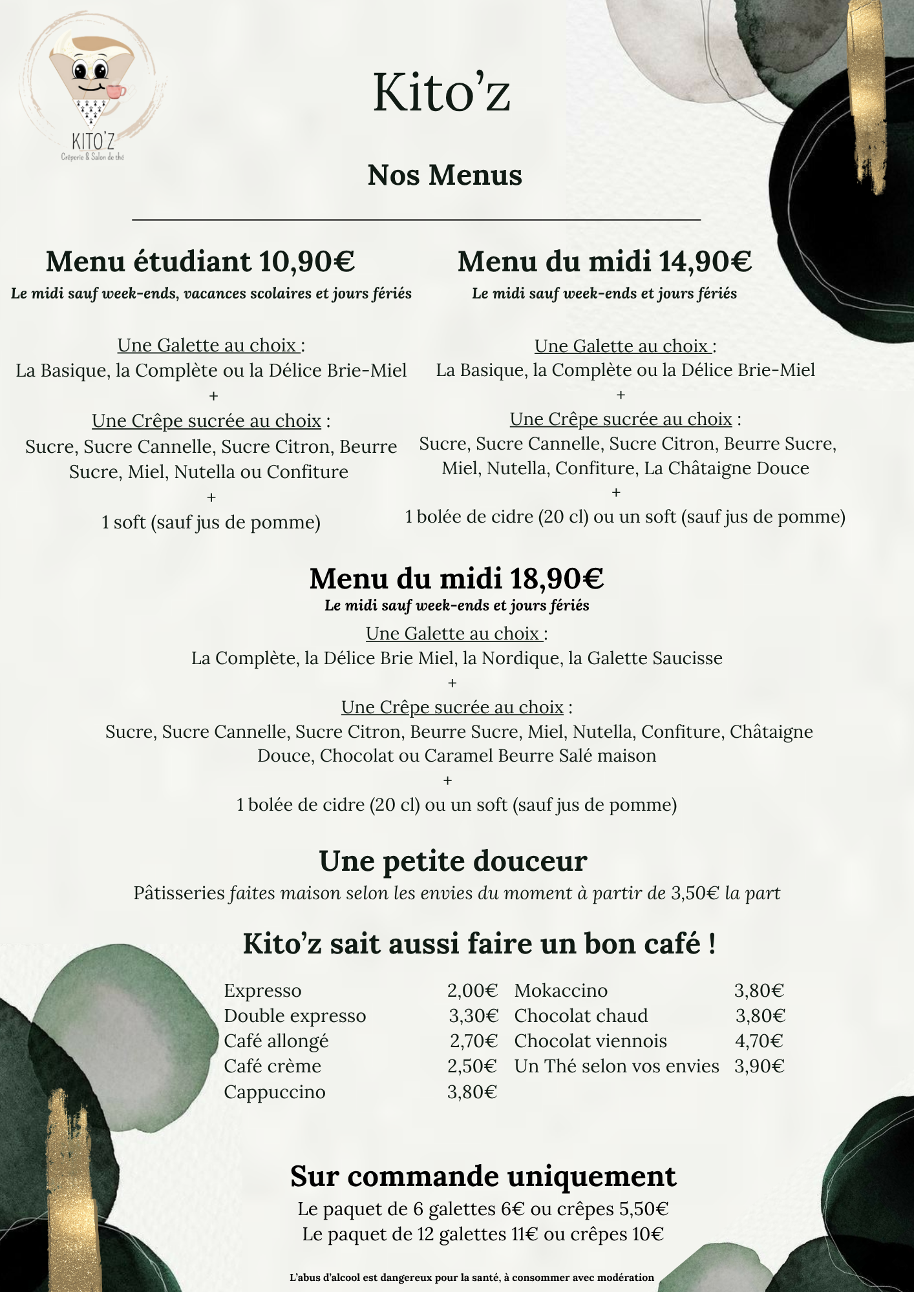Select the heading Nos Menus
(445, 175)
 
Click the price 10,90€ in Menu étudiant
(307, 262)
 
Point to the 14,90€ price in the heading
(705, 262)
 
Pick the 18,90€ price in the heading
(557, 578)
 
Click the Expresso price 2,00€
(473, 990)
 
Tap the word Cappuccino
(275, 1092)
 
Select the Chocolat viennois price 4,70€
(759, 1041)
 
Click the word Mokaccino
(561, 990)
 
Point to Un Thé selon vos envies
(617, 1066)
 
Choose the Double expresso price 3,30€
(474, 1016)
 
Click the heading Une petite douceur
(453, 861)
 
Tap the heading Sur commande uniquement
(483, 1176)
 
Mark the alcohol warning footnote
(472, 1277)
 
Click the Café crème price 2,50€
(473, 1066)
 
